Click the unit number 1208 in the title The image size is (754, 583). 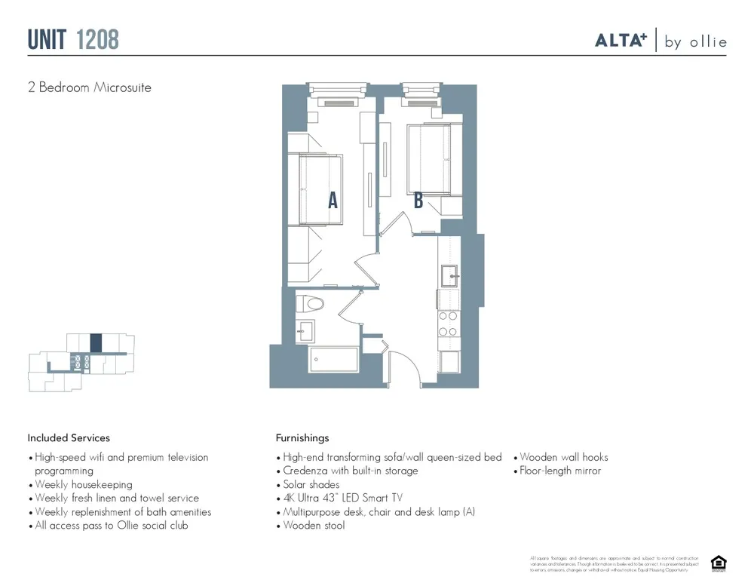[x=97, y=39]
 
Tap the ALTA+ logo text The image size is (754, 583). [x=621, y=41]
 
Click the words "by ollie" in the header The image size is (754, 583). [x=695, y=42]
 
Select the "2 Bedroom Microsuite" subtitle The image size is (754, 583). [x=90, y=87]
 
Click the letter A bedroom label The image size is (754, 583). [x=333, y=200]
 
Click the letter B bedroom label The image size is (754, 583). [x=418, y=200]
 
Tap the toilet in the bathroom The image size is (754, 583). [x=310, y=304]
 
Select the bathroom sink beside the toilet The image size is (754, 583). [x=305, y=330]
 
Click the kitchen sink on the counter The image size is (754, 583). [x=450, y=277]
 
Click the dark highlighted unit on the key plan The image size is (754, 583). [x=96, y=343]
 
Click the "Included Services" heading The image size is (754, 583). [x=69, y=437]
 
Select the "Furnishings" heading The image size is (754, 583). [x=302, y=437]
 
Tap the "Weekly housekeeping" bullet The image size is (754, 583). [x=83, y=484]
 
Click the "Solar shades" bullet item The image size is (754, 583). [x=311, y=484]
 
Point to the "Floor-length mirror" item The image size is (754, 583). [x=560, y=471]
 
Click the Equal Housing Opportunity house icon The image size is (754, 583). [x=718, y=563]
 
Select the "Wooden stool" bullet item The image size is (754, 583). [x=314, y=526]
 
